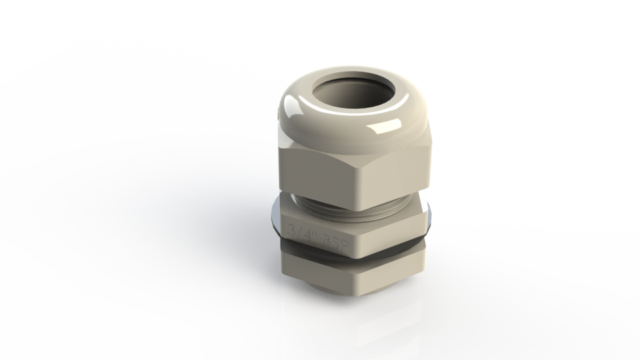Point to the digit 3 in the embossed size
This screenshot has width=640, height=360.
pyautogui.click(x=290, y=230)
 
